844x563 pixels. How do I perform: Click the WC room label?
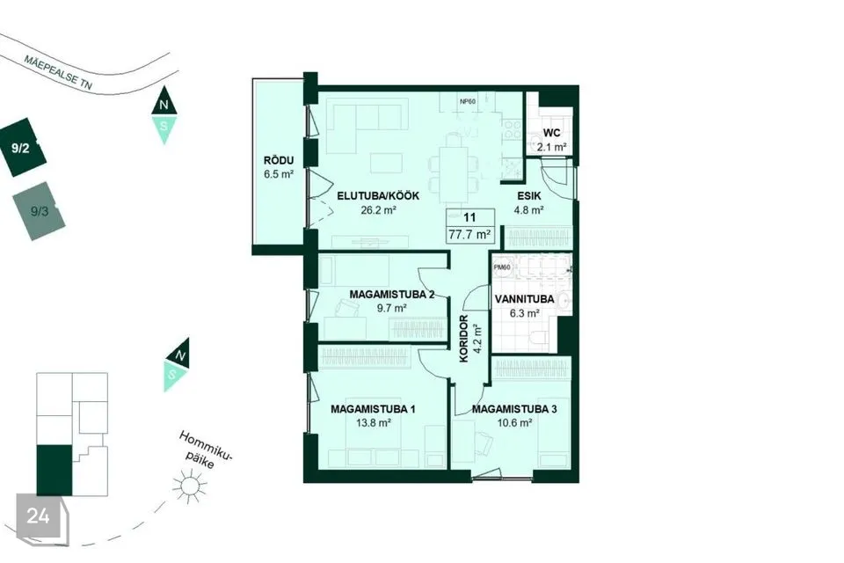(x=551, y=133)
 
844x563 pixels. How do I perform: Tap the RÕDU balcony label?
(x=279, y=160)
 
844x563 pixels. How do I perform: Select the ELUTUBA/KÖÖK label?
(x=378, y=196)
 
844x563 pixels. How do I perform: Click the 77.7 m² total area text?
(x=469, y=234)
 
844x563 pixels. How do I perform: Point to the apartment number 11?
(x=469, y=217)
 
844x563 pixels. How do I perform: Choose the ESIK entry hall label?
(x=529, y=196)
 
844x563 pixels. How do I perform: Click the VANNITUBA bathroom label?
(x=524, y=299)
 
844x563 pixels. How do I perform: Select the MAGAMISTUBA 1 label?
(x=373, y=409)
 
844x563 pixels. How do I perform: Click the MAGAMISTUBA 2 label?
(x=392, y=295)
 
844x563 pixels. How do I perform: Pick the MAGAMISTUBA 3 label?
(x=514, y=409)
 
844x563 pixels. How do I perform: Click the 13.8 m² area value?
(x=373, y=423)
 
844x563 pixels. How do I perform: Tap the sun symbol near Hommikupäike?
(x=190, y=486)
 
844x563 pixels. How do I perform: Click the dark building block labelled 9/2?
(x=22, y=148)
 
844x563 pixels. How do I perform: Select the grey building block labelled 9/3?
(x=39, y=210)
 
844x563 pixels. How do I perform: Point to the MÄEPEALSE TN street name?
(x=58, y=71)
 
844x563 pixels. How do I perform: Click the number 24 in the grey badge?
(x=38, y=516)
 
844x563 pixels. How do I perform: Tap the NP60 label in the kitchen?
(x=467, y=101)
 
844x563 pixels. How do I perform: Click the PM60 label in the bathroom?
(x=502, y=267)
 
